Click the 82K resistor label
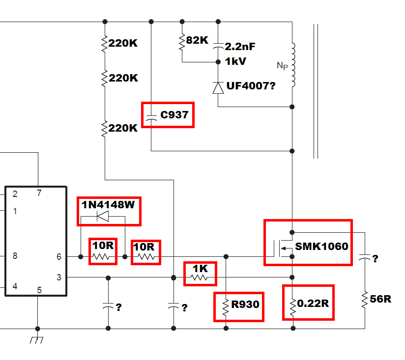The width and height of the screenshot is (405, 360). [x=197, y=40]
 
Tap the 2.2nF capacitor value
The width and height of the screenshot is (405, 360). [x=240, y=47]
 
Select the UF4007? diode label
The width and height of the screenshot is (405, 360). [x=251, y=85]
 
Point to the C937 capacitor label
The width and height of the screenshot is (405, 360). [x=174, y=115]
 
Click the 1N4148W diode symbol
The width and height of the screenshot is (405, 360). [x=103, y=216]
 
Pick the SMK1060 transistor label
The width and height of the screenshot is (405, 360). [x=321, y=247]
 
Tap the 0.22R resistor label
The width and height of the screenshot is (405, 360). [x=313, y=304]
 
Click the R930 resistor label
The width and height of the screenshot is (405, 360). [x=245, y=305]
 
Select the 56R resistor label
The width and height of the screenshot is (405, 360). [x=380, y=299]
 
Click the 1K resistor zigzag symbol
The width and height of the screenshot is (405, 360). [x=199, y=277]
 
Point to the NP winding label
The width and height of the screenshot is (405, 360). [x=282, y=66]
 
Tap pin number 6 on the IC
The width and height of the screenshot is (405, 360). [x=59, y=257]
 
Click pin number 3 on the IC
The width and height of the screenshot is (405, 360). [x=59, y=277]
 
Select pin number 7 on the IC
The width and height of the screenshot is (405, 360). [x=39, y=193]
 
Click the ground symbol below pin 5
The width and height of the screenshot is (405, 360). [x=37, y=340]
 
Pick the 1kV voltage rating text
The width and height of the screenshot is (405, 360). [x=235, y=61]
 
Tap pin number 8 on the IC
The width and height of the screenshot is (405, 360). [x=15, y=256]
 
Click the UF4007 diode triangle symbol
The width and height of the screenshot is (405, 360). [x=218, y=88]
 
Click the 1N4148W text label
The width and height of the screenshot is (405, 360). [x=108, y=205]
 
